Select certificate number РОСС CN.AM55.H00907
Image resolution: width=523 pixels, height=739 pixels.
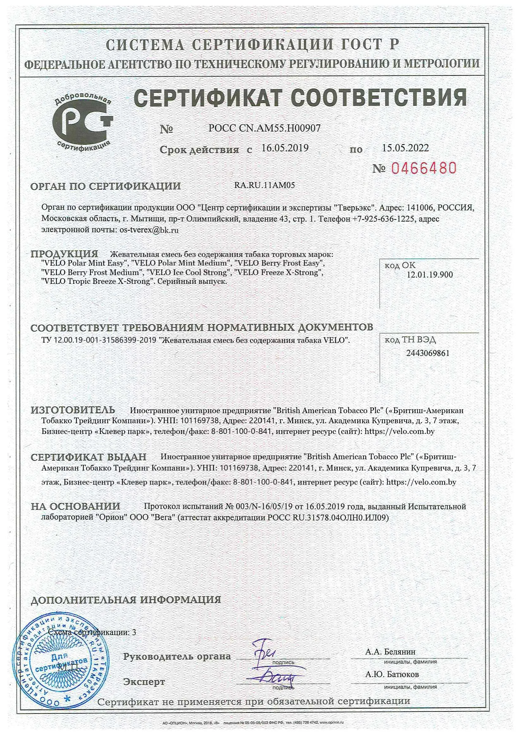(x=264, y=128)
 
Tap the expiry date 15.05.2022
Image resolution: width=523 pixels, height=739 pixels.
(x=405, y=148)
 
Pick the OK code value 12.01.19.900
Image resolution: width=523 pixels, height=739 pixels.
(x=430, y=275)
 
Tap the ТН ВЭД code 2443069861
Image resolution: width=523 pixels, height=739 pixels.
(x=428, y=353)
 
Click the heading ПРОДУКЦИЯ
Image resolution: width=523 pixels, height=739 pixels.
(x=64, y=254)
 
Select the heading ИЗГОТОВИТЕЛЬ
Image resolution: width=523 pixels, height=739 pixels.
(x=73, y=410)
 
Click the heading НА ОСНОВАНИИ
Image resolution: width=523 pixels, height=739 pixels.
(x=75, y=506)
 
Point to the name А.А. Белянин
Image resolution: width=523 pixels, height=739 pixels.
(x=390, y=652)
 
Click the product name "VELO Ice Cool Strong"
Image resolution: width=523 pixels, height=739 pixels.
(x=189, y=272)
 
